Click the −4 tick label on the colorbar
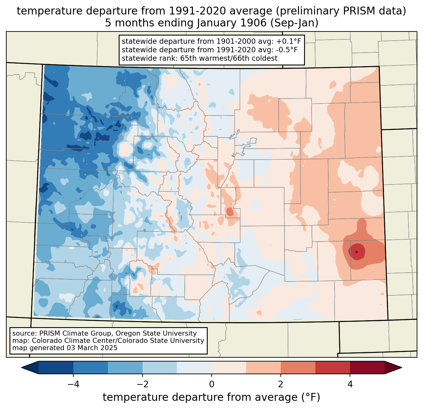71,384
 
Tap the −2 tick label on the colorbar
140,384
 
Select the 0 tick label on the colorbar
211,384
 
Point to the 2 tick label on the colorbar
281,384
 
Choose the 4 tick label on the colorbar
350,384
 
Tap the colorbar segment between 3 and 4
333,367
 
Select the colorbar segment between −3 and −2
125,367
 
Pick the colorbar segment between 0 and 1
229,367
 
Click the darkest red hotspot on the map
356,252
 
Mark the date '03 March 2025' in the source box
92,348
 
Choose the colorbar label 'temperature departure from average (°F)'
211,397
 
